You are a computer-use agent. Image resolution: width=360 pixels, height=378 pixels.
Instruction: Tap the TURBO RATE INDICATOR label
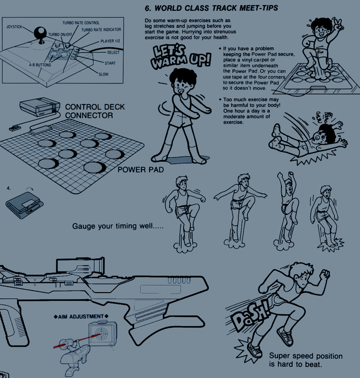[101, 30]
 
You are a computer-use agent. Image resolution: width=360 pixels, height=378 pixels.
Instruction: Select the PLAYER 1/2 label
[110, 41]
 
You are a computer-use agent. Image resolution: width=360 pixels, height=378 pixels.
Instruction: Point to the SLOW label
[104, 74]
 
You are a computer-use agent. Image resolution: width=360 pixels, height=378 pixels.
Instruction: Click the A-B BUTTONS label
[40, 65]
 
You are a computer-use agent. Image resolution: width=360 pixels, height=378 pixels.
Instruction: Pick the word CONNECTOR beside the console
[89, 115]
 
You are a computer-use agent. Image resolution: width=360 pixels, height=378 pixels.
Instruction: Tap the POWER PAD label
[141, 170]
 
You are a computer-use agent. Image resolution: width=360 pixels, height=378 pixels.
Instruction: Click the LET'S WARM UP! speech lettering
[181, 57]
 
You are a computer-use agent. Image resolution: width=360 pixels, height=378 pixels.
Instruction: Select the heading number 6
[147, 8]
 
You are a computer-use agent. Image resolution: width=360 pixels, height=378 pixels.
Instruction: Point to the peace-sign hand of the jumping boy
[338, 24]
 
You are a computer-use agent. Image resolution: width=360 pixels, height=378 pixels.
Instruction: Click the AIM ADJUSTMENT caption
[81, 317]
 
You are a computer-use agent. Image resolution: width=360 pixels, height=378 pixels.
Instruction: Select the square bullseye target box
[103, 333]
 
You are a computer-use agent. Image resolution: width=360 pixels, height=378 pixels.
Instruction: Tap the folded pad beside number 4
[24, 205]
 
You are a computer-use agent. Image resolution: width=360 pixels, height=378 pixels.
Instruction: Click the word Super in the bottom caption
[280, 356]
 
